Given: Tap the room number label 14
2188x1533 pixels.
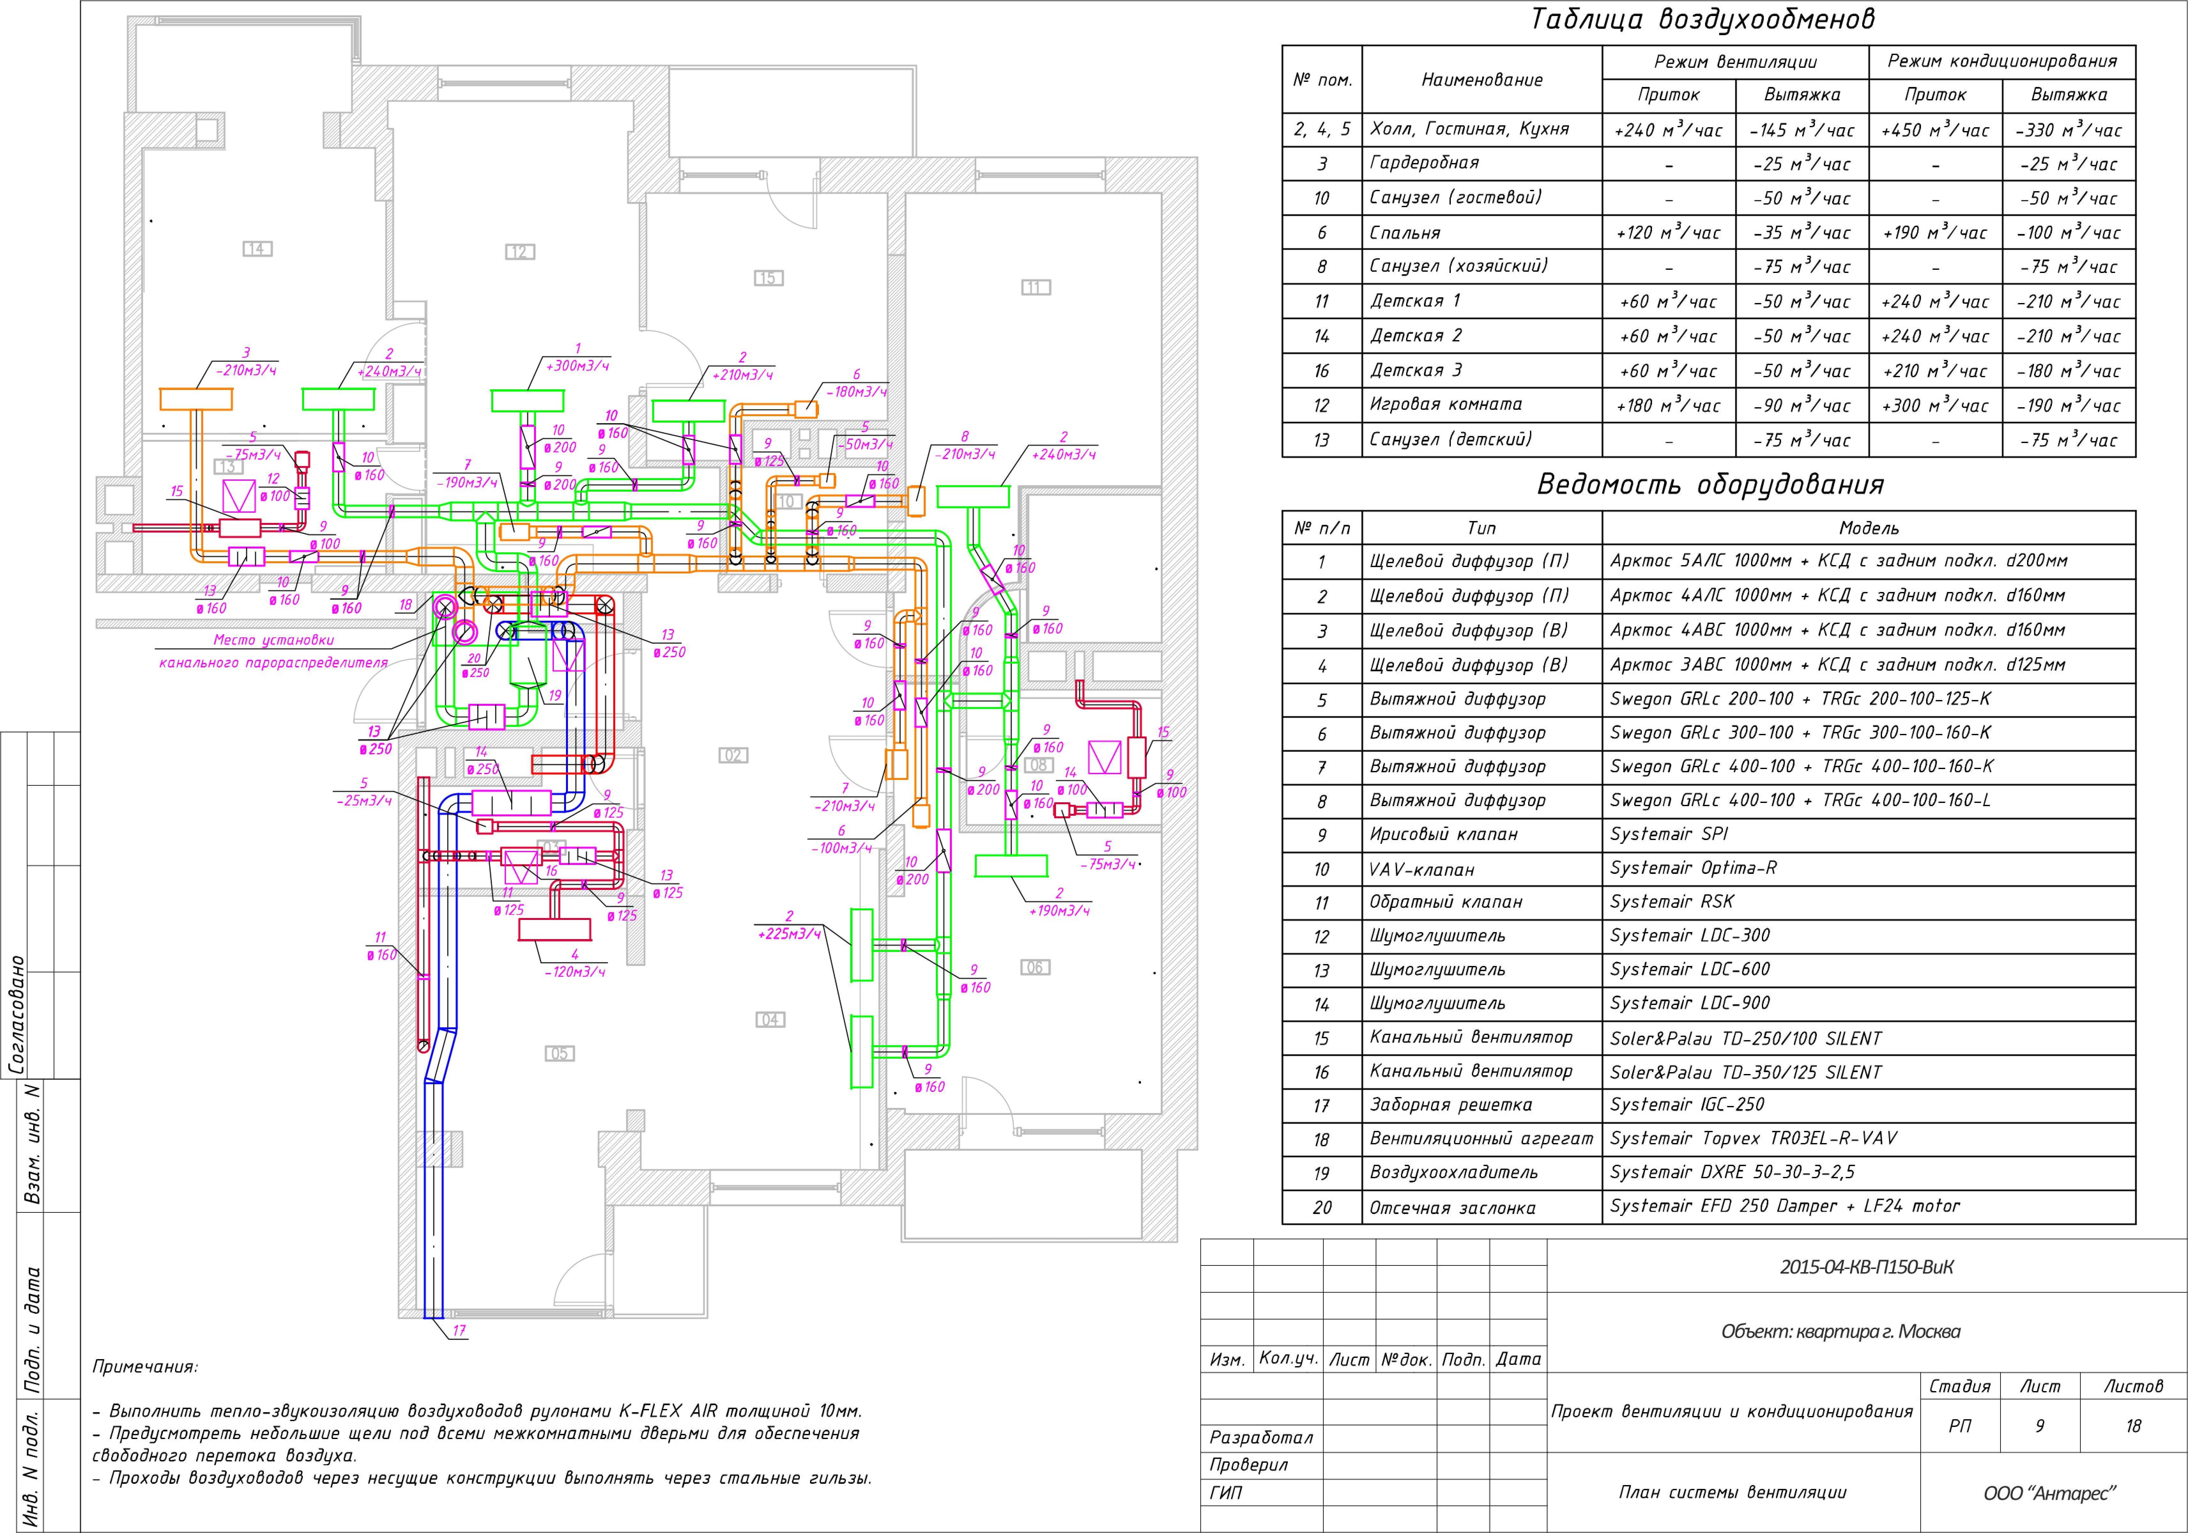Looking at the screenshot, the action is pyautogui.click(x=256, y=249).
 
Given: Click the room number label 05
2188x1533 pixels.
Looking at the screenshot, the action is pyautogui.click(x=559, y=1054).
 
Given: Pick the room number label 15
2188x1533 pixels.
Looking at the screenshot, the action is pyautogui.click(x=768, y=278).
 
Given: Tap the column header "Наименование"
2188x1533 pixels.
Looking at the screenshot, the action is pyautogui.click(x=1482, y=80).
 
